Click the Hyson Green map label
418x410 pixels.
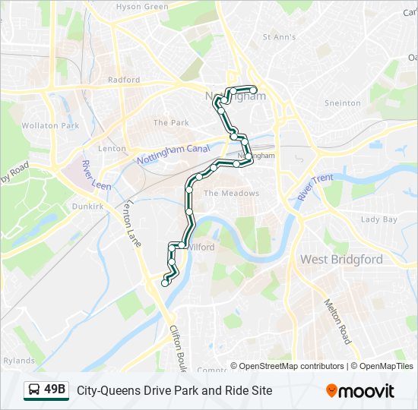[x=142, y=7]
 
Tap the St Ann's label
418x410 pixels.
[x=279, y=36]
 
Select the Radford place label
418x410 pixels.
[x=124, y=80]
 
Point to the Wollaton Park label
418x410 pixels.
[x=50, y=126]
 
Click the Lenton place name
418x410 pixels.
[x=112, y=149]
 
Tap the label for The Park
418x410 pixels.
[x=170, y=122]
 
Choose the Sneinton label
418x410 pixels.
[x=342, y=103]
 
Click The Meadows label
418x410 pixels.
[x=231, y=194]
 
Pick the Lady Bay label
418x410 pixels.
[x=378, y=219]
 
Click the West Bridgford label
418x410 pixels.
[x=341, y=260]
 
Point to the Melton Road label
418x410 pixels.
[x=337, y=321]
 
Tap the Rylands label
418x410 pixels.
[x=18, y=361]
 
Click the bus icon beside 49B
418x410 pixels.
[x=34, y=390]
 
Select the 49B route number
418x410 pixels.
[x=55, y=390]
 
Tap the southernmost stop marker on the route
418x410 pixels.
[x=165, y=283]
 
